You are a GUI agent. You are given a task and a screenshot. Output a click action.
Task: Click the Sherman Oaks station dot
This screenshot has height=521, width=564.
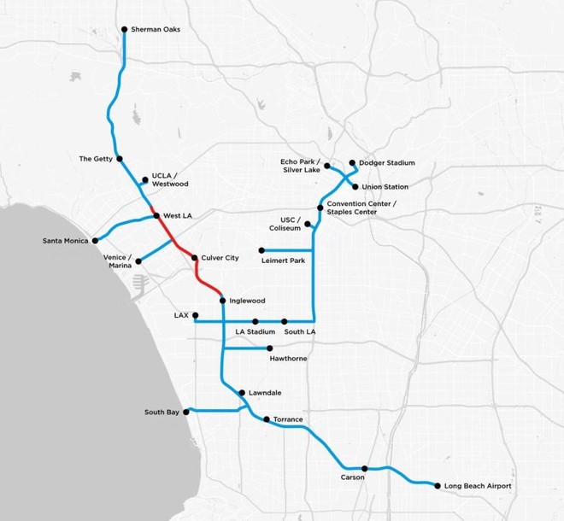(x=125, y=29)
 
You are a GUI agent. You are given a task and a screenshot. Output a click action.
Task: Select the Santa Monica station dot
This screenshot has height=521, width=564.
(x=95, y=241)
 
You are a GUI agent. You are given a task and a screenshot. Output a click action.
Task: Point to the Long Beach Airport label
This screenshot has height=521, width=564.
(x=479, y=486)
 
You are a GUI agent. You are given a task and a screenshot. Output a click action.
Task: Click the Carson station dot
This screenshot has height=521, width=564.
(x=365, y=468)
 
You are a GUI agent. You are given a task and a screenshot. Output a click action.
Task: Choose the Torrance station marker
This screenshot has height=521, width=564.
(x=267, y=419)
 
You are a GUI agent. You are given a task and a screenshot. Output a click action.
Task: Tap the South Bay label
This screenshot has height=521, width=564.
(x=162, y=413)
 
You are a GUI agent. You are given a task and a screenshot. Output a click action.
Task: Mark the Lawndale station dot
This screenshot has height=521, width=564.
(x=242, y=393)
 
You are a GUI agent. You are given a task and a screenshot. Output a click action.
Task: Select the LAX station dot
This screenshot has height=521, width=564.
(x=195, y=315)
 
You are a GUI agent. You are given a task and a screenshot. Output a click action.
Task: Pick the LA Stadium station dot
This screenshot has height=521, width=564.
(x=255, y=321)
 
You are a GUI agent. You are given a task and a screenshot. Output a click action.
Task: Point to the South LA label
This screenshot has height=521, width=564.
(x=301, y=331)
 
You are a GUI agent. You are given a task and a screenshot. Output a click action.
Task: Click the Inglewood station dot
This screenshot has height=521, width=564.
(x=222, y=300)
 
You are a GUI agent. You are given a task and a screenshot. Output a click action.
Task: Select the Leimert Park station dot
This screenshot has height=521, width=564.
(x=250, y=250)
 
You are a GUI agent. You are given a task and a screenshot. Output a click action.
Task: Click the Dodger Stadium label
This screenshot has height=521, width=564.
(x=386, y=162)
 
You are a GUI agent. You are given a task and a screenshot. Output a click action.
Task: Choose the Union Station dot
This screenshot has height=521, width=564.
(x=355, y=186)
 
